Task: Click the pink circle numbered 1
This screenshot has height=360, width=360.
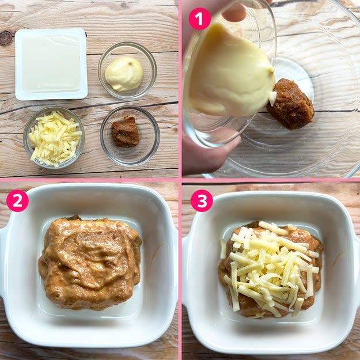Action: [199, 19]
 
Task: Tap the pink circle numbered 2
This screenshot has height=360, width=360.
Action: [17, 200]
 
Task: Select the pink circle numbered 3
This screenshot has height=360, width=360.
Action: [202, 200]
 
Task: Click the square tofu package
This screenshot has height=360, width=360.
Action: [51, 65]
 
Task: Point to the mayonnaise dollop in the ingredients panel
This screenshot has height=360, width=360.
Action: [124, 74]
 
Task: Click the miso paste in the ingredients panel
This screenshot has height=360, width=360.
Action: [125, 132]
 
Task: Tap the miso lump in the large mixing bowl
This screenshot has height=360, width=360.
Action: [290, 104]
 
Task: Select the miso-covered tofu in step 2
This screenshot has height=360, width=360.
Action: [90, 263]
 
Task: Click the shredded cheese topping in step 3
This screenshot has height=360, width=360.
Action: [271, 264]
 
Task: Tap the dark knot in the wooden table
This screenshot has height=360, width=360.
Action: [6, 38]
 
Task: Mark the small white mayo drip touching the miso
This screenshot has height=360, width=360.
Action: [272, 98]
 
